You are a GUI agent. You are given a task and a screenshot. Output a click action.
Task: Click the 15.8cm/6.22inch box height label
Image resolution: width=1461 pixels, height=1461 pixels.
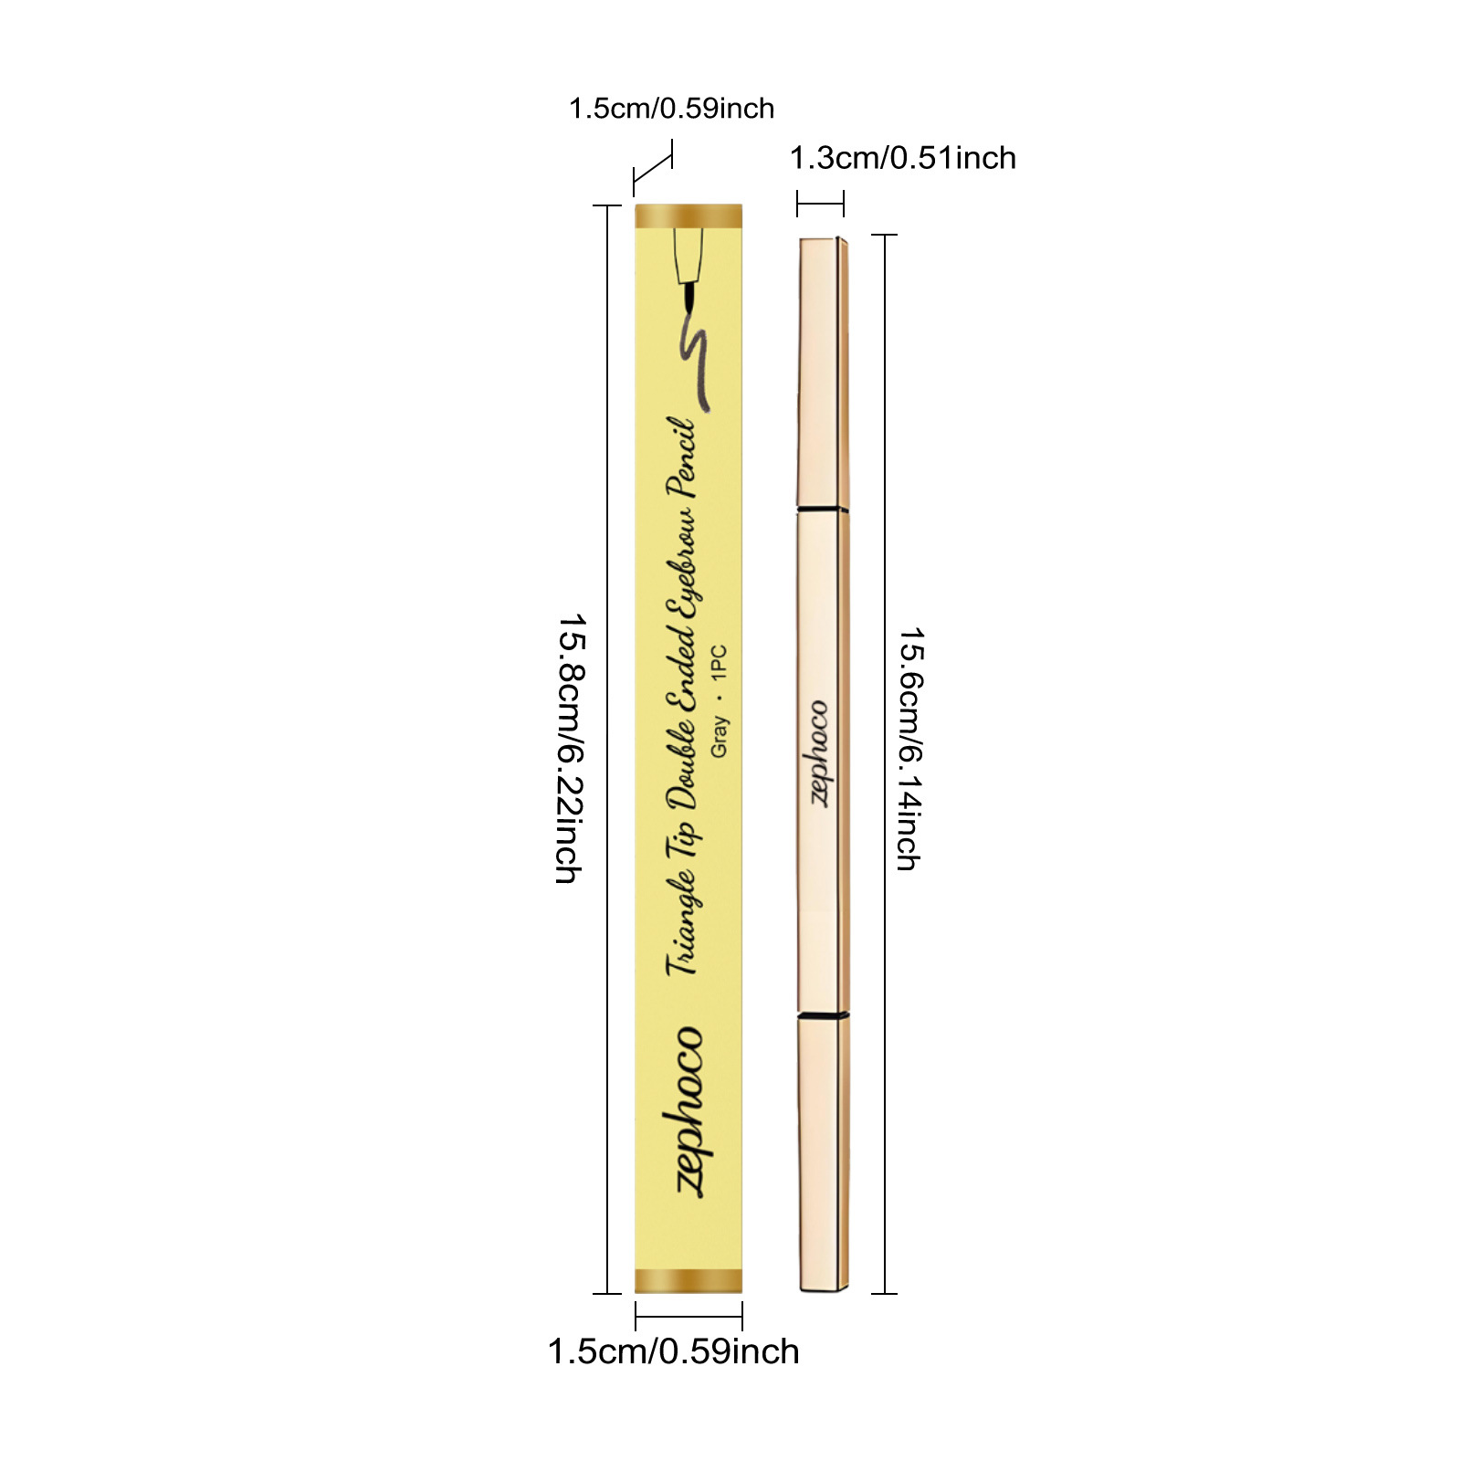point(570,749)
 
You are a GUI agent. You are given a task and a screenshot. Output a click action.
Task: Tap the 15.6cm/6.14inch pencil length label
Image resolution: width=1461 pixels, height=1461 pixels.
point(910,749)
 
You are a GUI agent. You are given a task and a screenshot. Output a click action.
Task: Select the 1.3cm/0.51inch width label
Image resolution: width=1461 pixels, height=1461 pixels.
point(902,158)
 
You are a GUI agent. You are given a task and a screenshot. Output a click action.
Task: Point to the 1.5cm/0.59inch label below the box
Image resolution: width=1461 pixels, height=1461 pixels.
point(673,1351)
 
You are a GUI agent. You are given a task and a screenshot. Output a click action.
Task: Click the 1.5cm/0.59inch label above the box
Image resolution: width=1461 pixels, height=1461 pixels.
point(671,109)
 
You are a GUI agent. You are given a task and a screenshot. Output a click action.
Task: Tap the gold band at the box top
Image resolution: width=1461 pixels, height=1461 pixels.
point(688,216)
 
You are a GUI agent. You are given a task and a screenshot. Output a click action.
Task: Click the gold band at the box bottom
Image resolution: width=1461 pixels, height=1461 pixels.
point(688,1280)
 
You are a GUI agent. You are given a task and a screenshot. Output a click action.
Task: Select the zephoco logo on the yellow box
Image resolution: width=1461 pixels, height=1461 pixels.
point(690,1109)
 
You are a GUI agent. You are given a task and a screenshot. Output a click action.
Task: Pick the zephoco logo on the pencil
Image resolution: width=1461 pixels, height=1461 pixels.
point(820,754)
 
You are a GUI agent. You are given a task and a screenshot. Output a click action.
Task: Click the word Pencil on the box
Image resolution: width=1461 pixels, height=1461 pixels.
point(683,457)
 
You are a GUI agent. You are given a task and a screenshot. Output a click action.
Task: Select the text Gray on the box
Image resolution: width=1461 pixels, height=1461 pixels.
point(720,736)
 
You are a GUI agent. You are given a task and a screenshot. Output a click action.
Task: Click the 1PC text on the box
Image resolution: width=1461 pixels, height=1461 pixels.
point(720,661)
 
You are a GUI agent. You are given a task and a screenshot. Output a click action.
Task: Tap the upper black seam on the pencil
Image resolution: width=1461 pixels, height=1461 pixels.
point(823,508)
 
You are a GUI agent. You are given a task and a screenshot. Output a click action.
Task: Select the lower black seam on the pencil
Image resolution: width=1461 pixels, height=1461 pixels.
point(823,1014)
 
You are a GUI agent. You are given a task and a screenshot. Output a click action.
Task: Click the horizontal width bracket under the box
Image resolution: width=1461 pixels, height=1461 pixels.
point(688,1316)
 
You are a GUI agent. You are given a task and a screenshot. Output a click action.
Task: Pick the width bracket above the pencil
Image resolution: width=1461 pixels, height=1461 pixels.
point(820,203)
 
